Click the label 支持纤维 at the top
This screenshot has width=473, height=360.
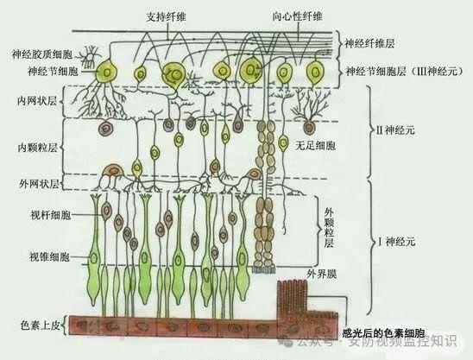click(166, 17)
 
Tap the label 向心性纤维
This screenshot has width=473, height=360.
click(297, 16)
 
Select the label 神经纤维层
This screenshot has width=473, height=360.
click(369, 44)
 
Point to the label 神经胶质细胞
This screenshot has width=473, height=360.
click(42, 54)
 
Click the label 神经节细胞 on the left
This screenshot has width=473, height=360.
click(53, 72)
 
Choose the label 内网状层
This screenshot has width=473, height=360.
click(37, 101)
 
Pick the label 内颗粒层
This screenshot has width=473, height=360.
click(37, 148)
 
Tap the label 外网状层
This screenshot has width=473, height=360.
click(39, 184)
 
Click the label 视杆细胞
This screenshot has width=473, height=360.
click(51, 215)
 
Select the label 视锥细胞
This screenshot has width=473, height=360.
click(49, 256)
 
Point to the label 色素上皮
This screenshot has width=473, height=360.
click(40, 325)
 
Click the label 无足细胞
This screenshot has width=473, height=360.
click(315, 147)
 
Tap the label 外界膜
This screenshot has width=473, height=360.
click(322, 274)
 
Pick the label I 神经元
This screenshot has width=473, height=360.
click(397, 242)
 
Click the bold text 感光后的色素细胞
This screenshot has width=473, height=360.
click(383, 333)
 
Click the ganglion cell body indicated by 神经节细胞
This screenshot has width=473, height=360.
click(106, 71)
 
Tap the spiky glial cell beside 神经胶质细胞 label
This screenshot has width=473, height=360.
click(91, 57)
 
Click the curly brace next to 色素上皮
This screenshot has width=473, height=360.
click(64, 325)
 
